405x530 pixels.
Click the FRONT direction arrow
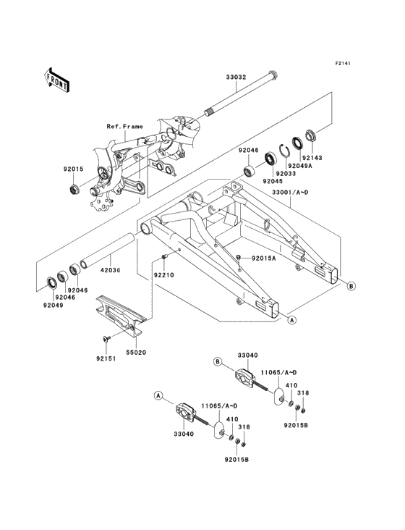56,80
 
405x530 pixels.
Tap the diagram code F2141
343,63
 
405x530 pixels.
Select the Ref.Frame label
125,127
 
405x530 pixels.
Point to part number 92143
312,158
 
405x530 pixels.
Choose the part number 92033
286,173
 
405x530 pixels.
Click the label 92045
273,181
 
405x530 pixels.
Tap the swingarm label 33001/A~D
290,193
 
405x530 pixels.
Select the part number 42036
111,270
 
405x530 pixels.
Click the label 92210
164,275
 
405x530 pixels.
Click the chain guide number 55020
136,353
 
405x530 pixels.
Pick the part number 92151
106,358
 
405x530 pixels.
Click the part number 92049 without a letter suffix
53,305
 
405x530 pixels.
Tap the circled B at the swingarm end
351,286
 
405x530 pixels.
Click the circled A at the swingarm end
292,319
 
